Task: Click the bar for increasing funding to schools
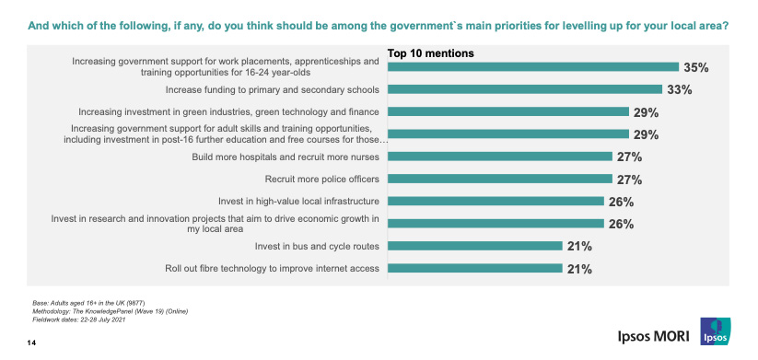(524, 89)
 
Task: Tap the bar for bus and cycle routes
(474, 246)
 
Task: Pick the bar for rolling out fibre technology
(474, 269)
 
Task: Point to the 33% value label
(680, 89)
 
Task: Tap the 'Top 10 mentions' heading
(430, 53)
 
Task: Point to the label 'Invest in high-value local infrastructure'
(293, 201)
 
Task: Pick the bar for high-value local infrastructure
(495, 201)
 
